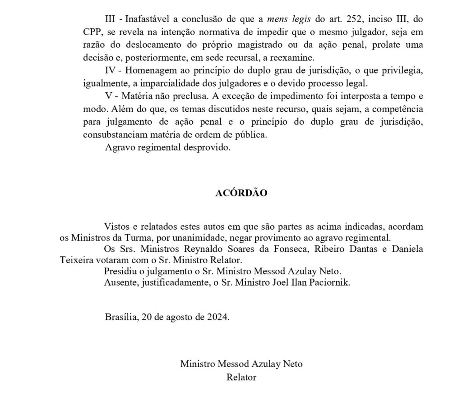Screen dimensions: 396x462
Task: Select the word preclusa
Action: click(x=189, y=96)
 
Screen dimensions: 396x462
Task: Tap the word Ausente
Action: click(x=120, y=283)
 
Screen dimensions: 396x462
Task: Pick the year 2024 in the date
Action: click(x=218, y=317)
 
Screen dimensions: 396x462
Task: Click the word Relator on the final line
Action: click(x=241, y=377)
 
